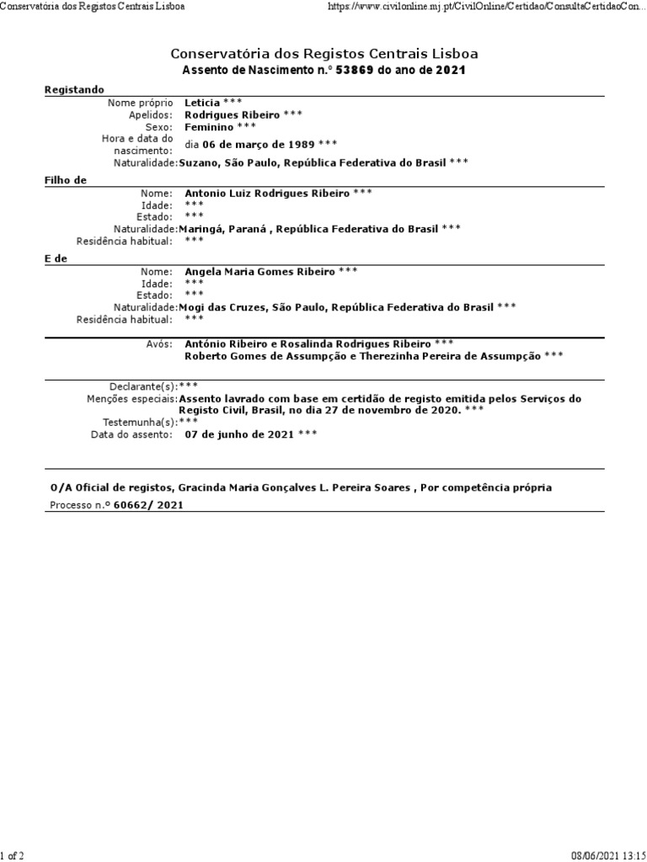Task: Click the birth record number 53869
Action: pos(354,71)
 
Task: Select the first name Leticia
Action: pos(202,103)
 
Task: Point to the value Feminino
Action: pos(209,126)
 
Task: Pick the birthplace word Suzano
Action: pos(198,162)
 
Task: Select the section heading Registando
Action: pos(74,88)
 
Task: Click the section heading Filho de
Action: pos(65,179)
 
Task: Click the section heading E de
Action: pos(56,258)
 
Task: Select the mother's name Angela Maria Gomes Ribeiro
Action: pos(259,271)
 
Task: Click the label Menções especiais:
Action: pos(131,399)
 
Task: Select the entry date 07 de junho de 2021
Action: pos(239,434)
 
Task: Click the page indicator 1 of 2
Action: pos(13,855)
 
